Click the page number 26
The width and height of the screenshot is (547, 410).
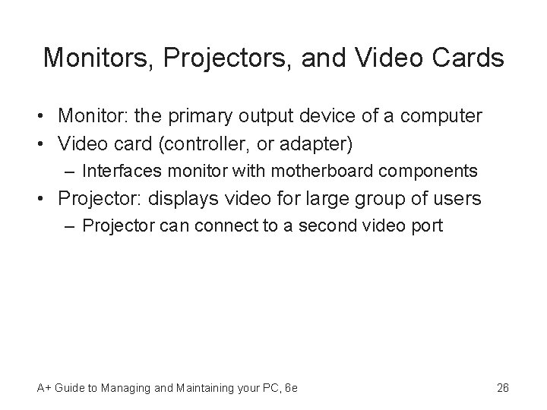(502, 388)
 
